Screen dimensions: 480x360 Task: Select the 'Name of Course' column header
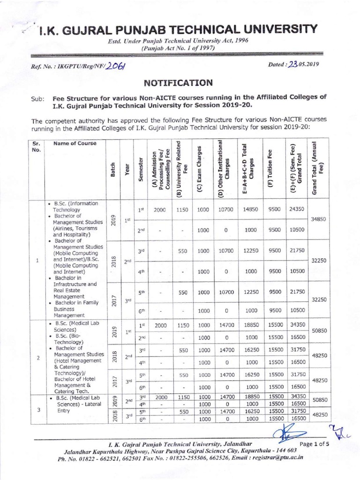tap(75, 143)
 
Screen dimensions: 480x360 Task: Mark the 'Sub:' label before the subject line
tap(37, 99)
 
